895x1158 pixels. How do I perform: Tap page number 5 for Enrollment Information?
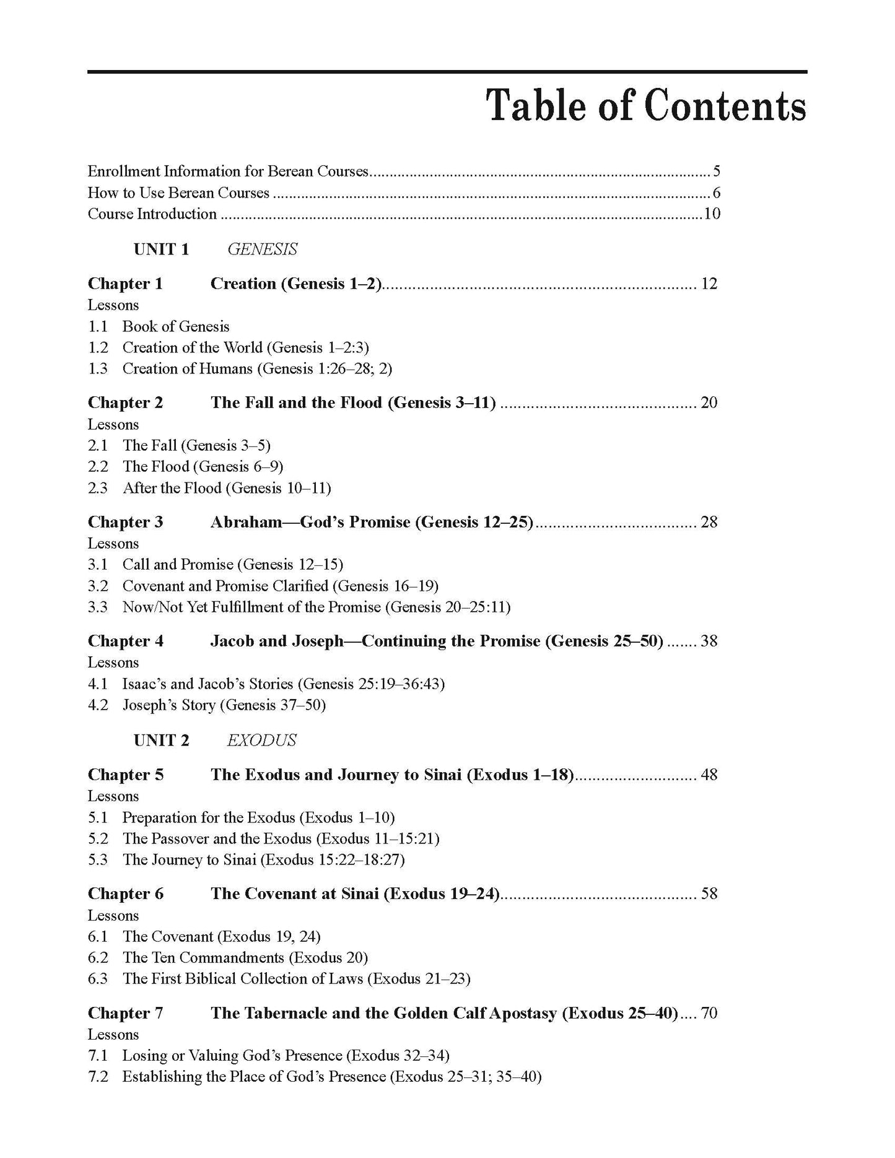[716, 172]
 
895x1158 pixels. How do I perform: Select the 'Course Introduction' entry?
[152, 214]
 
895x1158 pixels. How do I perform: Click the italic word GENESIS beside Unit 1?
[262, 250]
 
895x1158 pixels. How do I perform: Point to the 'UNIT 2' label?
[161, 741]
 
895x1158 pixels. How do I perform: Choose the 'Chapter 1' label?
[125, 284]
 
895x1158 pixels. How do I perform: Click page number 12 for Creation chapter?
[709, 284]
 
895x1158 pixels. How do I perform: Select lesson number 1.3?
[97, 369]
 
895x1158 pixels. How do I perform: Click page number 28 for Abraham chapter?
[709, 523]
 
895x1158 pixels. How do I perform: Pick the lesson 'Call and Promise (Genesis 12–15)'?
[232, 565]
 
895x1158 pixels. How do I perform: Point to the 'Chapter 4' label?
[125, 642]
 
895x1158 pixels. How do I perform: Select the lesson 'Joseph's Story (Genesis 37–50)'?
[224, 705]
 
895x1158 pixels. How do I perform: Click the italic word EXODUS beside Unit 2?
[261, 741]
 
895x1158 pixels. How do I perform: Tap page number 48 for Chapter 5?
[709, 775]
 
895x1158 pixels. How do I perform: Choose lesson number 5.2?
[97, 839]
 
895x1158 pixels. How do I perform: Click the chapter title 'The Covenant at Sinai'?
[355, 894]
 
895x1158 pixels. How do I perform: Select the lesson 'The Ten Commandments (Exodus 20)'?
[245, 958]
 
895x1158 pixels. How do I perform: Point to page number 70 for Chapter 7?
[709, 1014]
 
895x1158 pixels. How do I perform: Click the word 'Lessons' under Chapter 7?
[113, 1035]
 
